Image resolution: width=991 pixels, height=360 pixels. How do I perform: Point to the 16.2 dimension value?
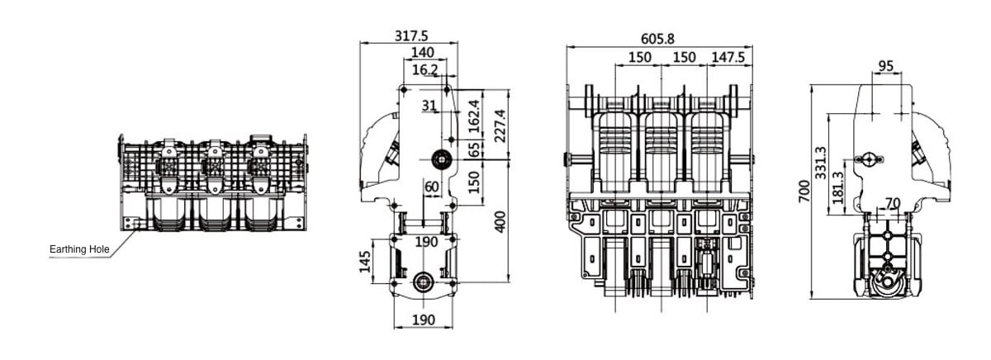424,70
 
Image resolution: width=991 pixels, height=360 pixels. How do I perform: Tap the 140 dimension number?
422,54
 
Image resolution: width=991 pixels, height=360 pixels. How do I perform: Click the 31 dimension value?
429,105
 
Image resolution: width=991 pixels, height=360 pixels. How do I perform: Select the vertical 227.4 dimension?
500,125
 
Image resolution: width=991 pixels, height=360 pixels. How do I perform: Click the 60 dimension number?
431,187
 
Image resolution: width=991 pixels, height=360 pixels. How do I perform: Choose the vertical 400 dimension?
500,220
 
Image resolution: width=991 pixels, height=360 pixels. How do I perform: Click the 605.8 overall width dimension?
657,39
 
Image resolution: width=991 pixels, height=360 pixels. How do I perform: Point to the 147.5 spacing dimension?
728,57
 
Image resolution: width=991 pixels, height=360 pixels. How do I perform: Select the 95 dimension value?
886,66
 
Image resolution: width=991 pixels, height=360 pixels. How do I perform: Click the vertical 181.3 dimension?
838,187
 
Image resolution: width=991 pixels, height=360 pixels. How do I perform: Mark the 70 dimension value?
893,202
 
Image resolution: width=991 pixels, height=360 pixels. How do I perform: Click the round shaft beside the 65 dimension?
440,159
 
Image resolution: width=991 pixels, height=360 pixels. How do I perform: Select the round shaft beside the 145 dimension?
424,282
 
